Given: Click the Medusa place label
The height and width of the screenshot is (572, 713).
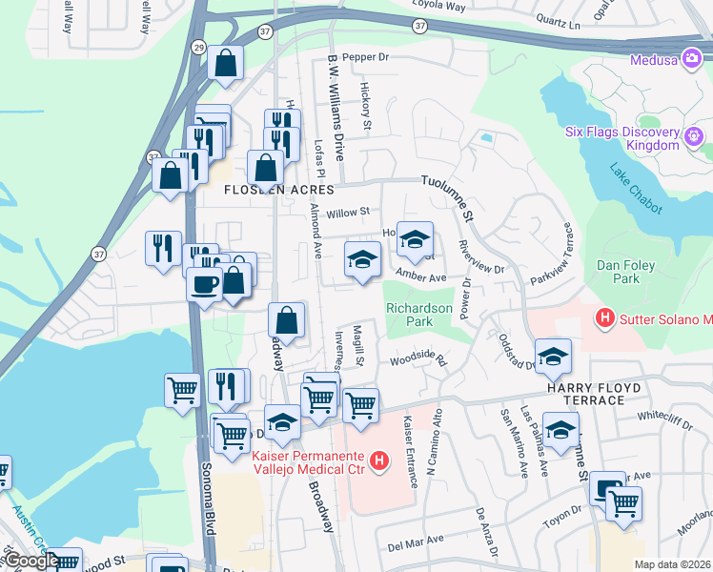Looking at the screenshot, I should [654, 60].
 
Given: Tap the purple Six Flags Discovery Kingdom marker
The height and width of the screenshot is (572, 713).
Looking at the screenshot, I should [693, 137].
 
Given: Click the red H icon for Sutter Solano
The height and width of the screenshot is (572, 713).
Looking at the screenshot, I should [603, 317].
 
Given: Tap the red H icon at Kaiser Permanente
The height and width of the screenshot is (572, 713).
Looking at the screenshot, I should [380, 463].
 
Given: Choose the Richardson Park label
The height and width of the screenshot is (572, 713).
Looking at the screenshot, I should [418, 316].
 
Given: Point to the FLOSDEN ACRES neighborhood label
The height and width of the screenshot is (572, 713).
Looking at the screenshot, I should [267, 190].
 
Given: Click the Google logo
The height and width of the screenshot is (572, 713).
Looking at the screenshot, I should [31, 561].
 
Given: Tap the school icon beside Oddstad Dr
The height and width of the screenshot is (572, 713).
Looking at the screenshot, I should [552, 357].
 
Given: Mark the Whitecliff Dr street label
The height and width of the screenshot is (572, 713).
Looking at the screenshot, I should [663, 416].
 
